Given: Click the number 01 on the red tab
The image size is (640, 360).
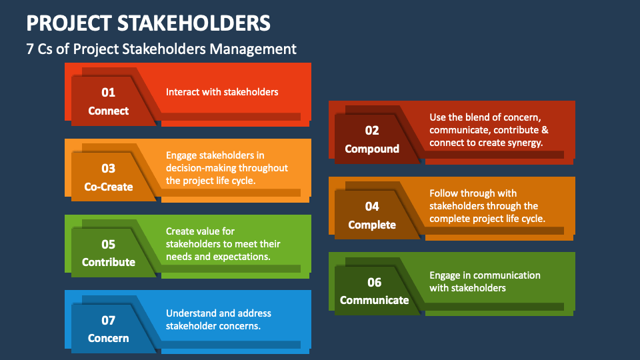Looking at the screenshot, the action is coord(108,92).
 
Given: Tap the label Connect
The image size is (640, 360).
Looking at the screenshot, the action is coord(108,111).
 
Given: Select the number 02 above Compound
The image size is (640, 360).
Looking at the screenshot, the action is coord(372,130).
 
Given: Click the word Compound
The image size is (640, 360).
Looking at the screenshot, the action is coord(372,149).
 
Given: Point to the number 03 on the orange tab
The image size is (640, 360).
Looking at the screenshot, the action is coord(108,168).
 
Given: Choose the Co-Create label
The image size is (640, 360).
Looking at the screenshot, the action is coord(109,187).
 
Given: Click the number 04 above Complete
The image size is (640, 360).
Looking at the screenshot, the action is coord(372,206).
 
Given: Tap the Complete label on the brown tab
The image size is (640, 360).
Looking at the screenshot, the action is coord(372,225).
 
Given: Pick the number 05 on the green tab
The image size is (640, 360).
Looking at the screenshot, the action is coord(108,244).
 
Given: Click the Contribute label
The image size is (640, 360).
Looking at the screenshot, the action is coord(109,262).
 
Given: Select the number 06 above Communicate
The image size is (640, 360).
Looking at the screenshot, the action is coord(374,282).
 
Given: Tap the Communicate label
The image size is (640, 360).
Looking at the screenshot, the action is coord(374,300).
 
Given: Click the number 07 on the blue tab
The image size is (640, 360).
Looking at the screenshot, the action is coord(108,321).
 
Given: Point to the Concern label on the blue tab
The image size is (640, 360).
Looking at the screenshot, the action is coord(108,338).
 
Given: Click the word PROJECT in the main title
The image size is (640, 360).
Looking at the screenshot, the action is coord(69,23).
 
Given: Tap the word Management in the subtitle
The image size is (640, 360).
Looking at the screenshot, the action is coord(253,49).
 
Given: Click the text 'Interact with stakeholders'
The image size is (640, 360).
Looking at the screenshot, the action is coord(222,92).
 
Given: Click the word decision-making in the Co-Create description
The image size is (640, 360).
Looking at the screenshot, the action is coord(201,168).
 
